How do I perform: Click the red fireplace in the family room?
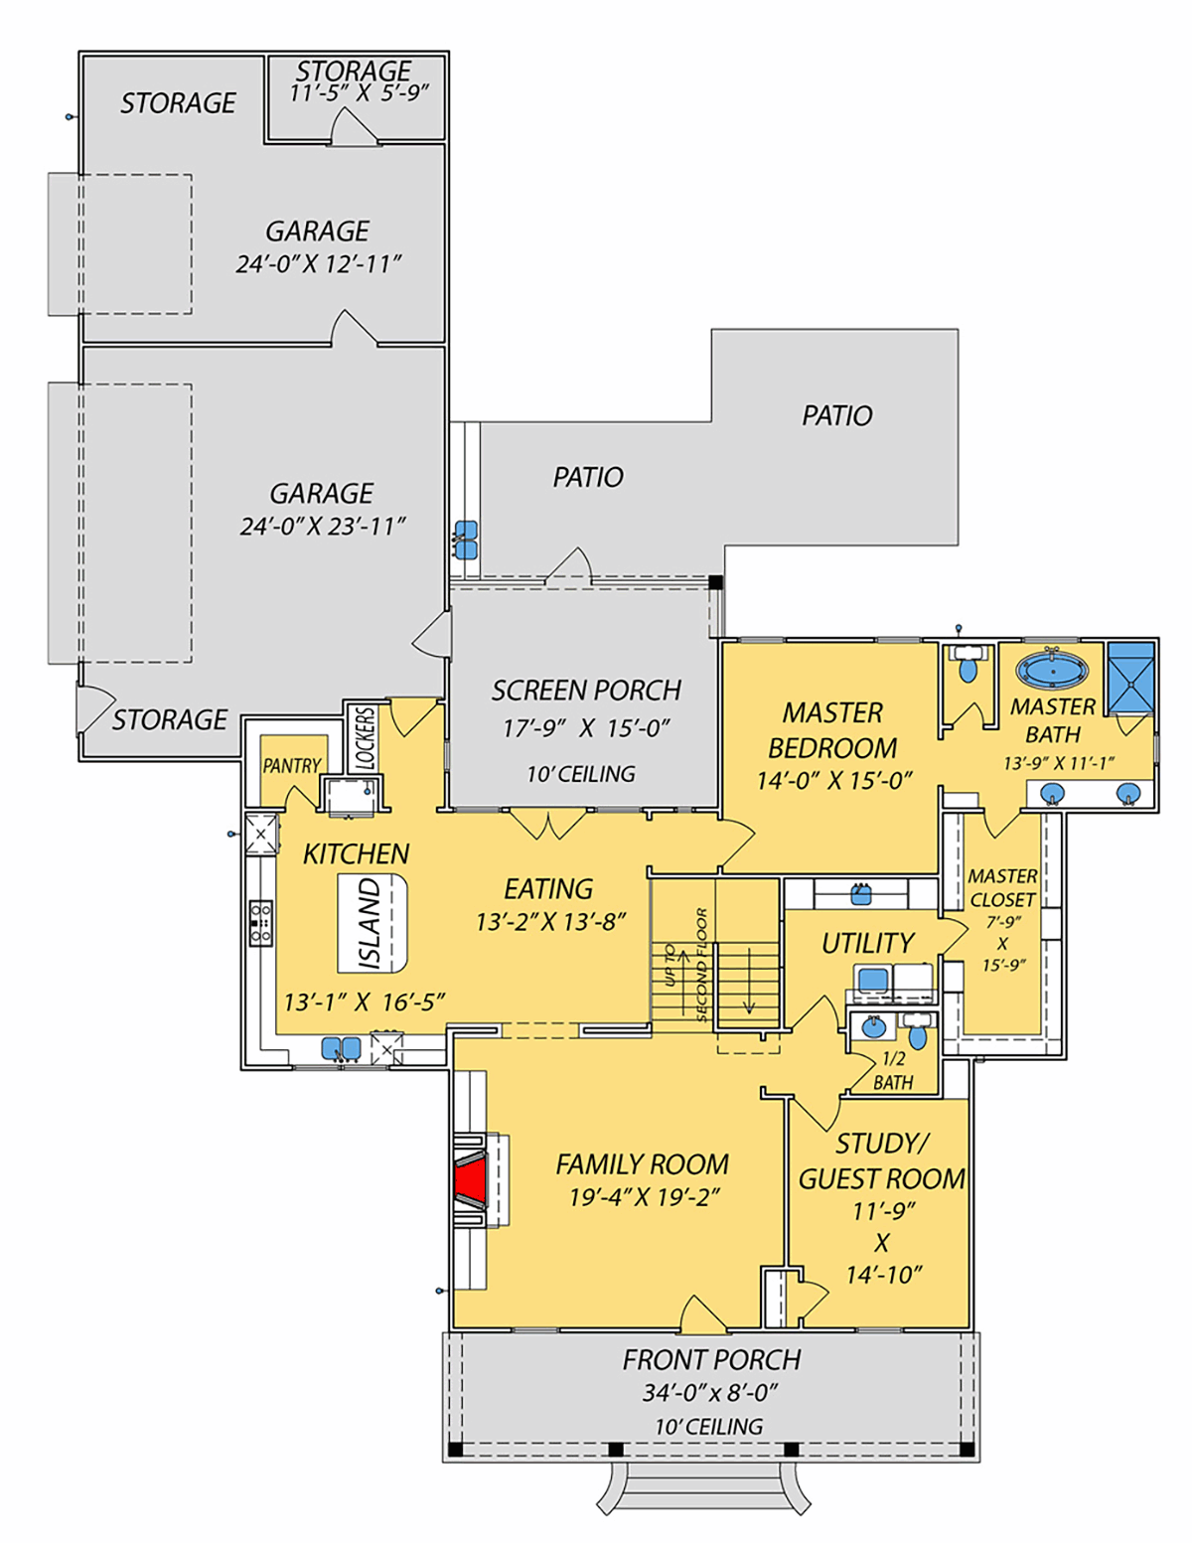[x=472, y=1180]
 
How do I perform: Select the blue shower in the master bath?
[x=1130, y=677]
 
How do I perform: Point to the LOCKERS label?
[x=365, y=738]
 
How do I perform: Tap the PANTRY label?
[x=292, y=765]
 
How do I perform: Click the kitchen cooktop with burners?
[x=260, y=923]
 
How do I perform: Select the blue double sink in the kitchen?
[x=341, y=1048]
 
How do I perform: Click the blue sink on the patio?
[x=466, y=540]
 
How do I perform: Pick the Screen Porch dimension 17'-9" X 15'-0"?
[x=586, y=728]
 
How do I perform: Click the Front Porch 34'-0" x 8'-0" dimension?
[x=710, y=1393]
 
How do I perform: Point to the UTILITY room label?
[x=867, y=943]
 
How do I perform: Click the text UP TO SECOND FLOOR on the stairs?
[x=685, y=965]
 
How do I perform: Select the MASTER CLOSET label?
[x=1002, y=887]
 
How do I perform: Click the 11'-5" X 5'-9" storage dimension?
[x=360, y=93]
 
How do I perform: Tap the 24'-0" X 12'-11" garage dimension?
[x=319, y=265]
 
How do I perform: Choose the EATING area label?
[x=548, y=889]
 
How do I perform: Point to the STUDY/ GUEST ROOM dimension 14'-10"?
[x=883, y=1275]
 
